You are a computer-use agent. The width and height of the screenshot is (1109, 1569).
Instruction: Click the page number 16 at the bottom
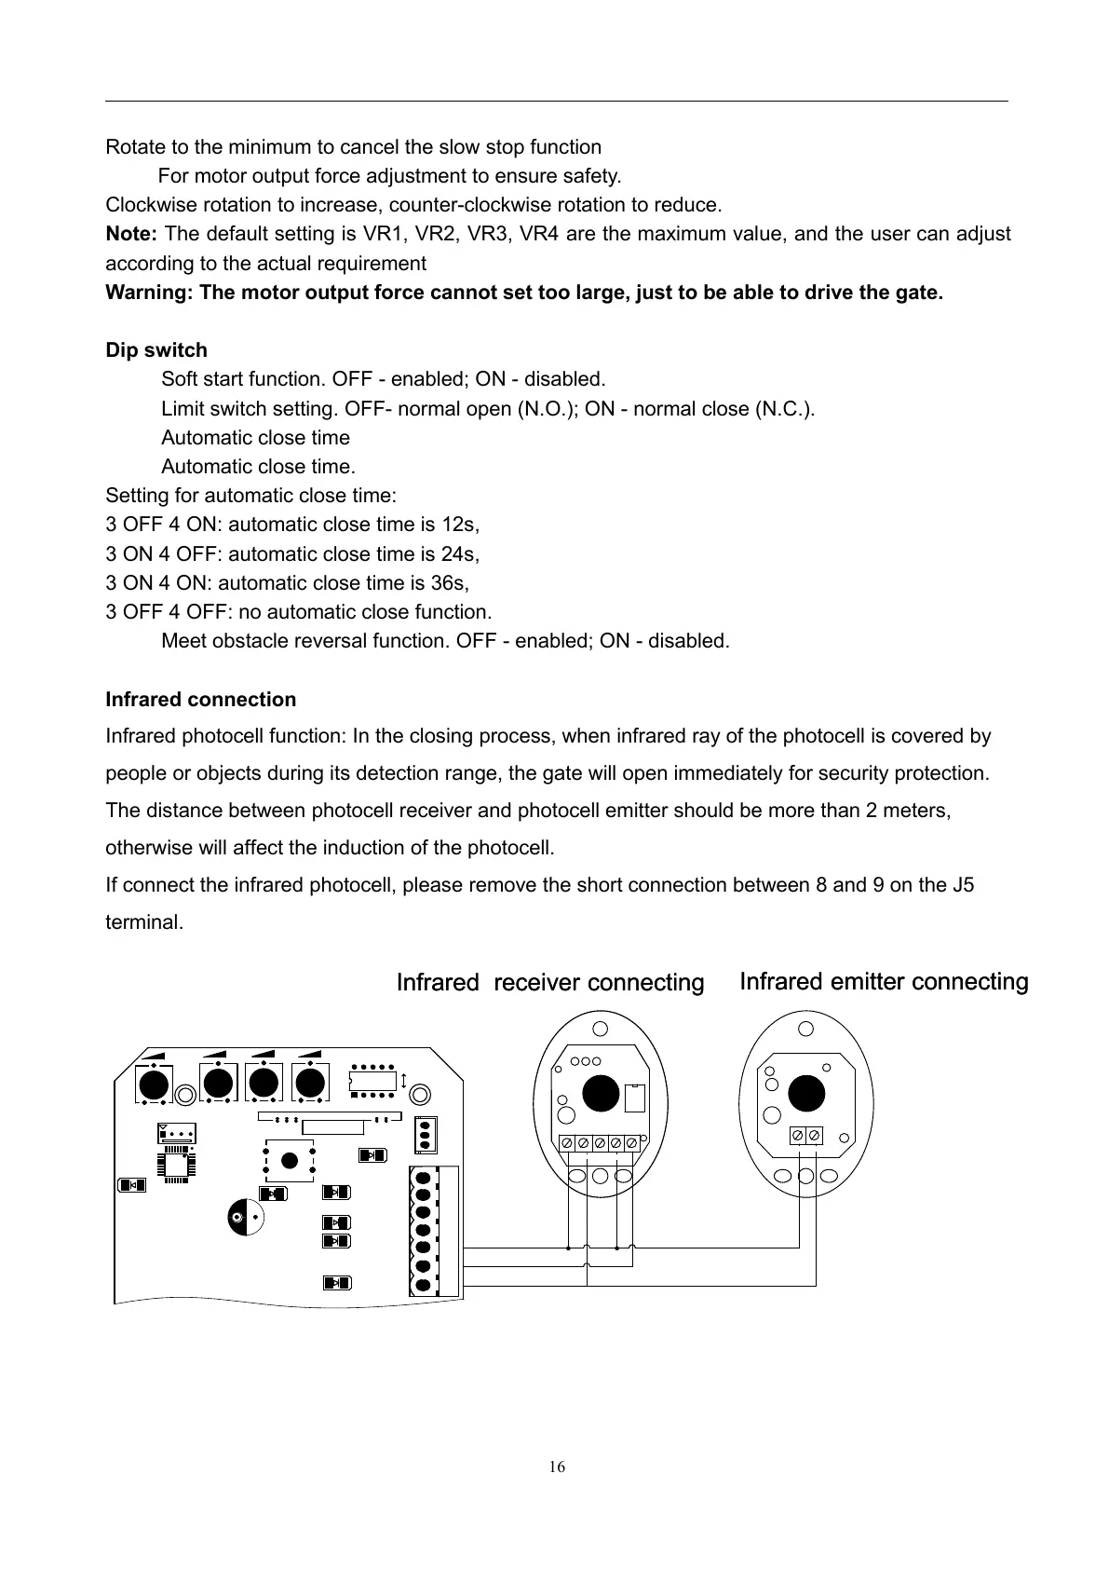tap(556, 1467)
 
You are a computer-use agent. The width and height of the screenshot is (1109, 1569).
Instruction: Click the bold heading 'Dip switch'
tap(156, 350)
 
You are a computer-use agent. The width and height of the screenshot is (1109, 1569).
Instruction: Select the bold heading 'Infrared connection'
tap(201, 700)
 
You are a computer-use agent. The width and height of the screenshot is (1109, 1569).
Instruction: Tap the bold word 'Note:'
tap(131, 234)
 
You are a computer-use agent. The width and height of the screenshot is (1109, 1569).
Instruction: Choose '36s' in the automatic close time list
tap(451, 583)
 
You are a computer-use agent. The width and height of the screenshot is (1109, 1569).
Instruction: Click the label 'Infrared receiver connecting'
tap(549, 983)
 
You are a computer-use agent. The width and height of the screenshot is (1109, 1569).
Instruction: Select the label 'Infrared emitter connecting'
tap(883, 982)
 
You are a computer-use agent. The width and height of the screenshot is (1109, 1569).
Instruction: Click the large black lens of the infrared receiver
tap(601, 1093)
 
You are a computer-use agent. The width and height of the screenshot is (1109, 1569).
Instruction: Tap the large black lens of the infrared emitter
tap(805, 1093)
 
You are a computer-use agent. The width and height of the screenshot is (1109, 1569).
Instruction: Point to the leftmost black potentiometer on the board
tap(153, 1085)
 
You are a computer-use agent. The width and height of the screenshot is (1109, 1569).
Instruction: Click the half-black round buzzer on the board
tap(243, 1218)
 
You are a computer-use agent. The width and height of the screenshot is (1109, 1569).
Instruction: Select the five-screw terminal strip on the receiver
tap(600, 1143)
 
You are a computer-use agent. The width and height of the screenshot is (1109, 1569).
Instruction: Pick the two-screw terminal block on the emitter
tap(805, 1135)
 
